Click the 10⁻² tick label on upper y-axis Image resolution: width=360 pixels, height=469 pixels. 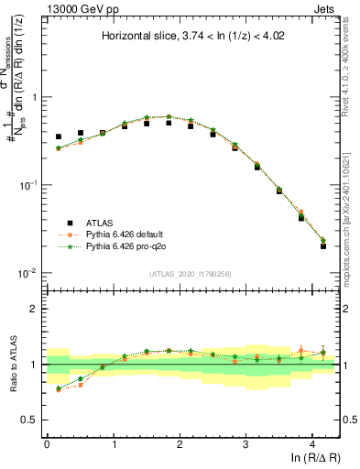pos(27,273)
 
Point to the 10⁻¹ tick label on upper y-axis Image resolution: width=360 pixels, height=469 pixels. pos(27,185)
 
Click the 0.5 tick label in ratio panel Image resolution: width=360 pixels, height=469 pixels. pos(31,420)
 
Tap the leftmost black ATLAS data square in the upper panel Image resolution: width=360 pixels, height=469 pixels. pos(59,136)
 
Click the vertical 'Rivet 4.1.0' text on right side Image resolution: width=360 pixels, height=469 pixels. pos(350,69)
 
